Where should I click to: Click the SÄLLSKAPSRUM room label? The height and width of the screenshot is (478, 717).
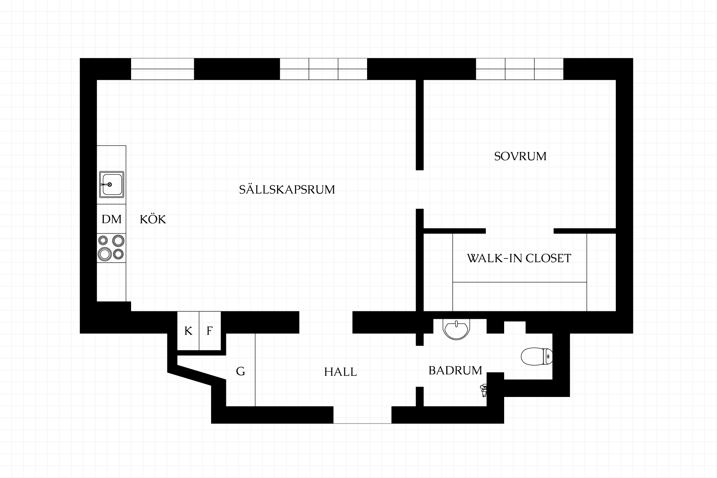[x=287, y=189]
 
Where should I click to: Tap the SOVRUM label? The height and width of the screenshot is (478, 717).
[x=520, y=156]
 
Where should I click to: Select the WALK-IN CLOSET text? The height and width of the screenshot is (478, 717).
[x=519, y=258]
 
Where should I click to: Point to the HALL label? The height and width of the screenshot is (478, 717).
[x=340, y=372]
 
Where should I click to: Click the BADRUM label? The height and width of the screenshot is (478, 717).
[x=455, y=370]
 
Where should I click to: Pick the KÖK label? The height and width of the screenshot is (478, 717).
[x=153, y=219]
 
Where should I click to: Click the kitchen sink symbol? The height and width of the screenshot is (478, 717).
[x=112, y=184]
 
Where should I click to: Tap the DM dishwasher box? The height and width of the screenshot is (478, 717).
[x=111, y=219]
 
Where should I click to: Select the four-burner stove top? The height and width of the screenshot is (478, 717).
[x=111, y=248]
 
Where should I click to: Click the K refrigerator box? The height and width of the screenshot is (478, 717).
[x=188, y=331]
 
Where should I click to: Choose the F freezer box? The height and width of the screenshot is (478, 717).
[x=210, y=331]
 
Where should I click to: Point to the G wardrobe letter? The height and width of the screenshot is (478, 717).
[x=240, y=371]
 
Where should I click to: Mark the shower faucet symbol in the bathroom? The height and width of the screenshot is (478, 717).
[x=483, y=390]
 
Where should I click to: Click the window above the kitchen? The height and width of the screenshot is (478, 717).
[x=162, y=69]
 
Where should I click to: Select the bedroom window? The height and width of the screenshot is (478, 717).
[x=519, y=69]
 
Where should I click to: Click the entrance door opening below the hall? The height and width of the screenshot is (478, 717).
[x=362, y=415]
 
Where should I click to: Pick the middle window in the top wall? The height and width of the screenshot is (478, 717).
[x=323, y=69]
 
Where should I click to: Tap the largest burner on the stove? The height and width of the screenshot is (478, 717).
[x=105, y=254]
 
